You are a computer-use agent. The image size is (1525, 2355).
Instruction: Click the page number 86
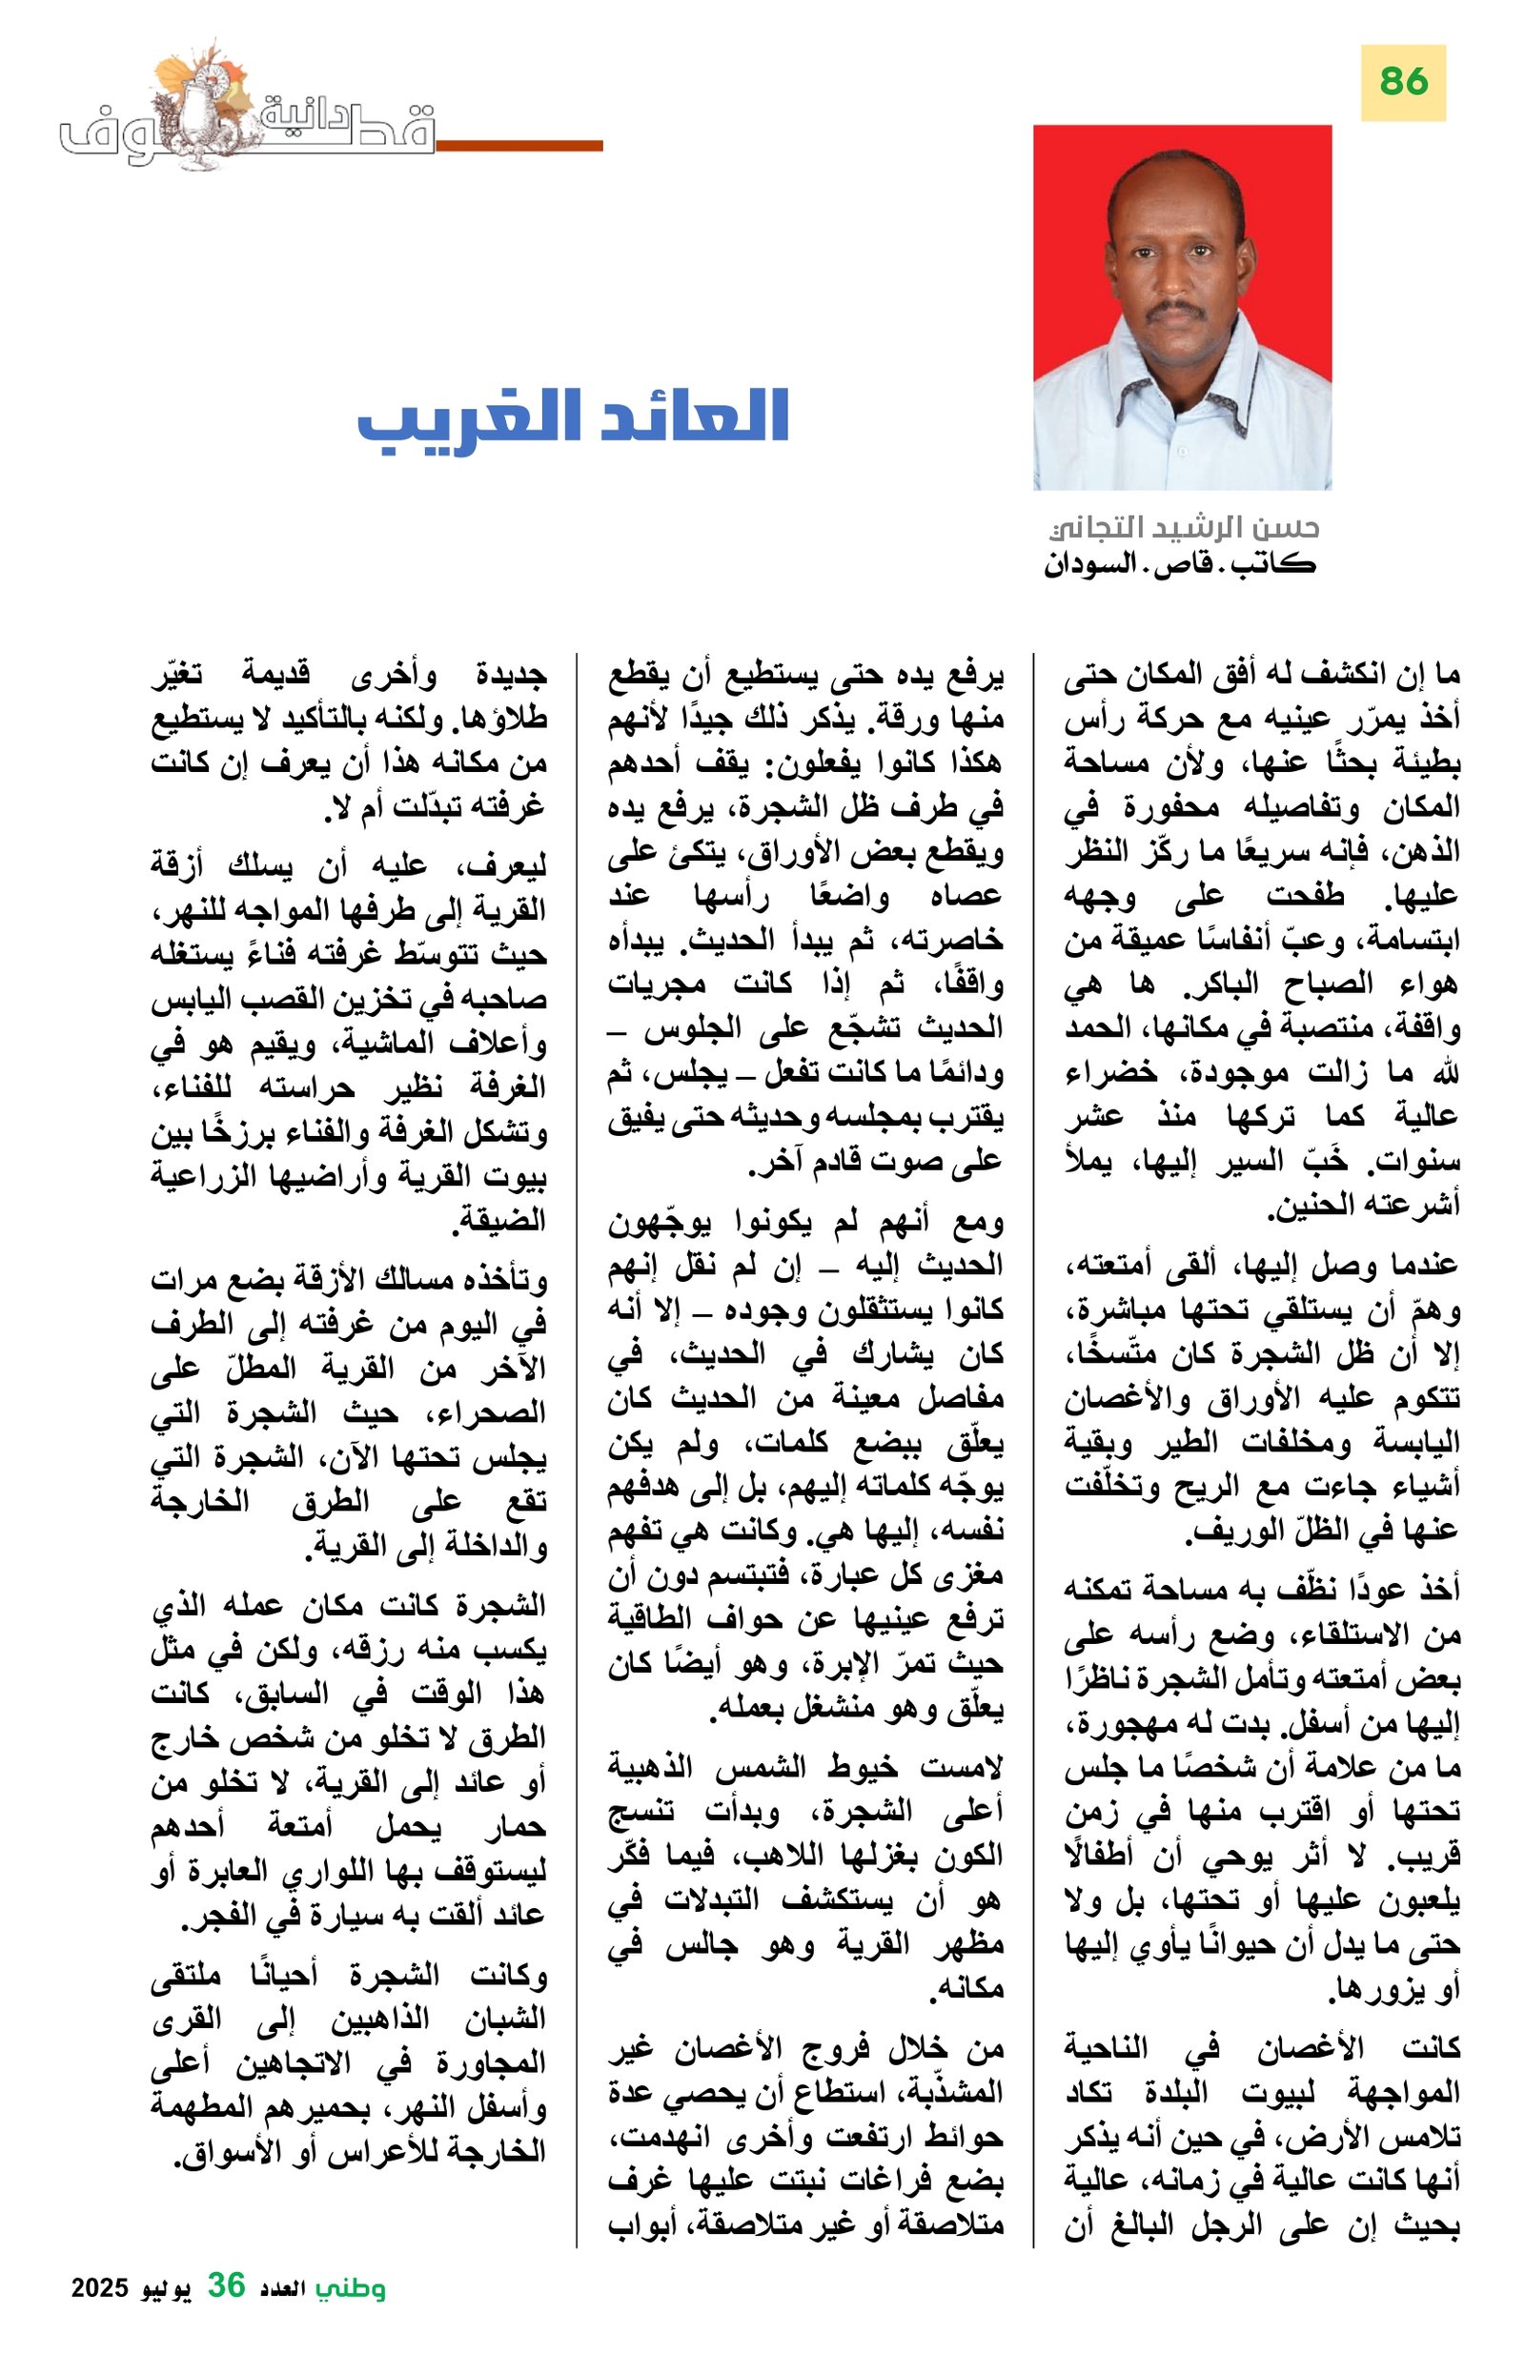[x=1402, y=81]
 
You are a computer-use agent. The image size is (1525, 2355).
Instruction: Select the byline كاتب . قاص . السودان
[x=1179, y=565]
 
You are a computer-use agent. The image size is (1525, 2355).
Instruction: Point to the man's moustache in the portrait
[x=1178, y=310]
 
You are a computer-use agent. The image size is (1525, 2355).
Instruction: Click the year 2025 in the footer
[x=99, y=2286]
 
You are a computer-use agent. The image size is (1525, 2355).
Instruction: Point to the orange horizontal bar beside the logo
[x=518, y=146]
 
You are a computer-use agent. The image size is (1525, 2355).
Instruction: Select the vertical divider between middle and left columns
[x=576, y=1445]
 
